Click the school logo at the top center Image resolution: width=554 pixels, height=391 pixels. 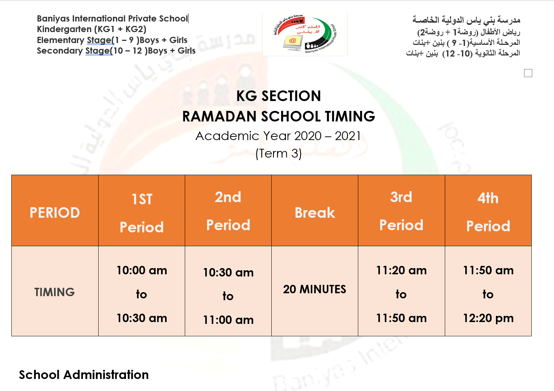tap(305, 34)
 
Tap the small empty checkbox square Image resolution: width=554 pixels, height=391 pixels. tap(528, 73)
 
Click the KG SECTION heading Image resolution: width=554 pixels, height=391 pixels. tap(278, 96)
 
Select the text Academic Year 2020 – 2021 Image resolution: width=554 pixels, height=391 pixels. tap(278, 136)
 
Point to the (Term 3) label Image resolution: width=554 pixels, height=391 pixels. tap(278, 154)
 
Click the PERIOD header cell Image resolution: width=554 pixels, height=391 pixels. tap(55, 213)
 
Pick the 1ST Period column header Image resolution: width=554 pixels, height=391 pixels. tap(142, 213)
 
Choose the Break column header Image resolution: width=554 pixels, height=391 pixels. tap(315, 213)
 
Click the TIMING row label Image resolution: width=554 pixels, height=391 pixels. tap(55, 292)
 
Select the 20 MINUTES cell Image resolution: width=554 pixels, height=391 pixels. tap(315, 289)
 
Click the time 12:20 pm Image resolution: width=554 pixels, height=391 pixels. tap(488, 318)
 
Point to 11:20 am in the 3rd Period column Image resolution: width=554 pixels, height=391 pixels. tap(401, 270)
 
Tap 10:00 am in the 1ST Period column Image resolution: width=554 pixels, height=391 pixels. tap(142, 270)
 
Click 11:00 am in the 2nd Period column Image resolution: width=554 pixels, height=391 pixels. tap(228, 320)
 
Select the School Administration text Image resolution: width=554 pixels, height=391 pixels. tap(84, 375)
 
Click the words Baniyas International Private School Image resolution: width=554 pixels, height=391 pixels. tap(112, 19)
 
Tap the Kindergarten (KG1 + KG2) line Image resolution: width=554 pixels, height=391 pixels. tap(91, 29)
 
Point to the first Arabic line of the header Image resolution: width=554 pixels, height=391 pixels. tap(466, 20)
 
